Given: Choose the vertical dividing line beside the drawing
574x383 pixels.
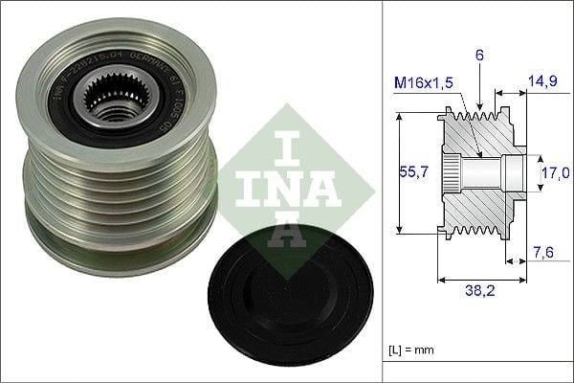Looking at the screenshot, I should coord(382,191).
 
